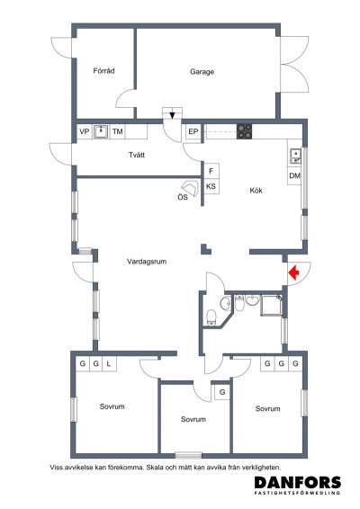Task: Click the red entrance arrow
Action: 293,272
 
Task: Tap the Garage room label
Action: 202,72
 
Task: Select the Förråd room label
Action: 103,70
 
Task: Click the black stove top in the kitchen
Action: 244,131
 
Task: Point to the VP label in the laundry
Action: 85,131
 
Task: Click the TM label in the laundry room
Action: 117,131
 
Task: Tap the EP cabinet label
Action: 193,131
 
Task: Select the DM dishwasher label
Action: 294,175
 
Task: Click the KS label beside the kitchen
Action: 211,186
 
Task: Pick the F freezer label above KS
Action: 211,171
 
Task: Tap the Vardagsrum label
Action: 147,262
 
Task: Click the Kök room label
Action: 256,191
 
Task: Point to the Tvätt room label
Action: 137,155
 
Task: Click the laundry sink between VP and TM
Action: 101,131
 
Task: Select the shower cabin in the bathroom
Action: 271,305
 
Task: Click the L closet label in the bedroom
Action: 109,363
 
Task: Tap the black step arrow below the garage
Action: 172,115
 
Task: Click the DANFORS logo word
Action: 298,482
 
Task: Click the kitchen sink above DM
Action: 295,156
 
